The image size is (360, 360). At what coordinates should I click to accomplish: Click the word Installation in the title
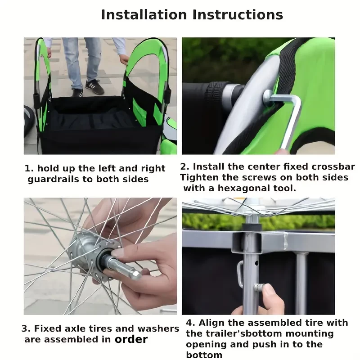point(144,15)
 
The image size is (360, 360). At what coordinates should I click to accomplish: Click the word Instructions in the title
point(238,15)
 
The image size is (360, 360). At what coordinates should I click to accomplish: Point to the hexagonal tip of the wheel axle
point(136,274)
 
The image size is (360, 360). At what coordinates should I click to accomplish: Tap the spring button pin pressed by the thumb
point(259,287)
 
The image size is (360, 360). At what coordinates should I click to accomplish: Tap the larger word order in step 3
point(131,339)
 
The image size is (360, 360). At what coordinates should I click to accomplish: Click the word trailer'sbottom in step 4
point(234,333)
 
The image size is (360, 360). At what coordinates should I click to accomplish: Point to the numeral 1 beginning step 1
point(28,168)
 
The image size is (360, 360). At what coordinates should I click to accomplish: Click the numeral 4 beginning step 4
point(190,323)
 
